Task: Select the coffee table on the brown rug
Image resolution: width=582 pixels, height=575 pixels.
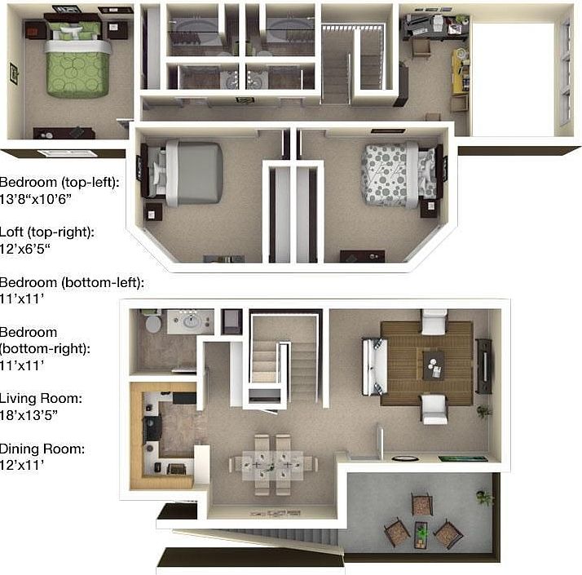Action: [x=432, y=363]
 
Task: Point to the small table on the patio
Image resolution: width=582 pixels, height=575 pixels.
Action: [x=421, y=531]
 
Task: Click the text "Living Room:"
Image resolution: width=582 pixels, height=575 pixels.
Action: [x=40, y=399]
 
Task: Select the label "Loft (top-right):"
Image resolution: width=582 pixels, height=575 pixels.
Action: [x=47, y=232]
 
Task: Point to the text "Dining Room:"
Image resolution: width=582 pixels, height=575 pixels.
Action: [x=42, y=449]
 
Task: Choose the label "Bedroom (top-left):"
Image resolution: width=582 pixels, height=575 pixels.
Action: [x=60, y=183]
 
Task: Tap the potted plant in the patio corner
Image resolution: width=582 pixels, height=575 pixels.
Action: [x=486, y=497]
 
